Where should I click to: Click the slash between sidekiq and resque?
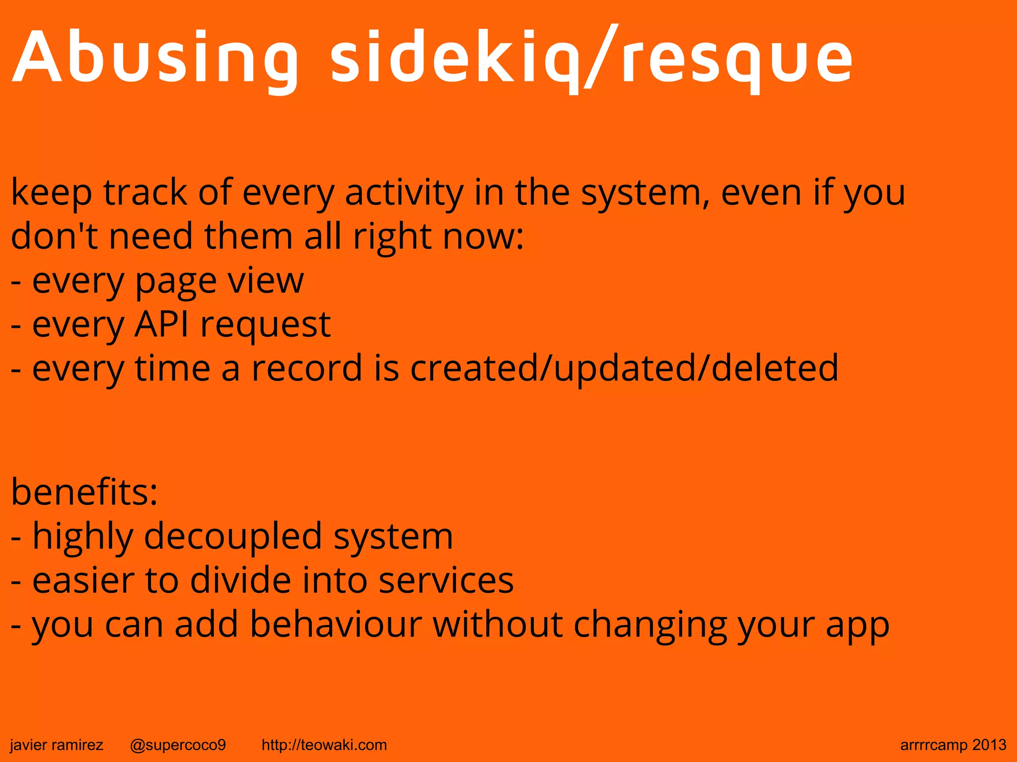(x=601, y=59)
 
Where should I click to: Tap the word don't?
(x=54, y=236)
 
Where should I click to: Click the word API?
(x=162, y=324)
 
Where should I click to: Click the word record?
(x=307, y=368)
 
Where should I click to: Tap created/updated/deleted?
(x=624, y=369)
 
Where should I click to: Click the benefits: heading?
(x=84, y=492)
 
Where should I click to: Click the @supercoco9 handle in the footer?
(x=178, y=745)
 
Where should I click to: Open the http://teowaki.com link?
(x=324, y=745)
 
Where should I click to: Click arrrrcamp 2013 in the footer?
(x=953, y=745)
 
